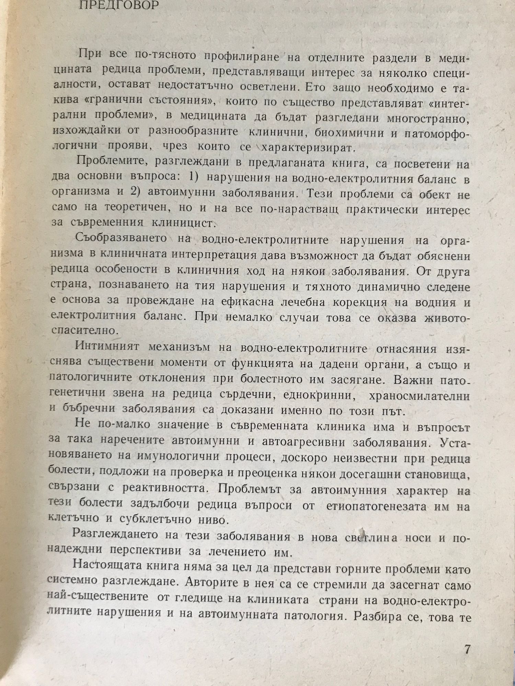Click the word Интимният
point(107,347)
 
